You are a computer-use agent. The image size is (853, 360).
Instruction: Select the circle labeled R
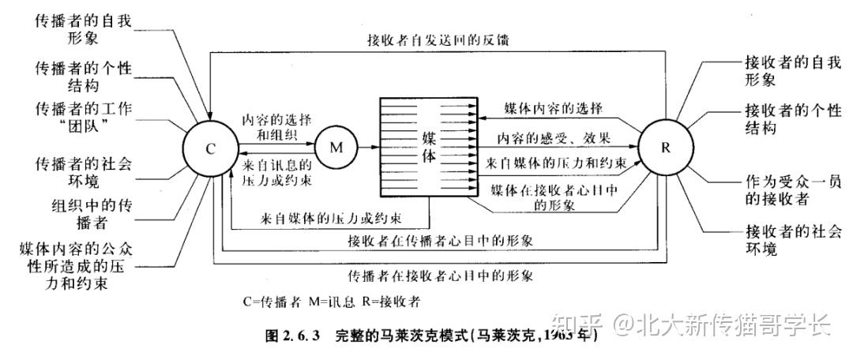(x=664, y=147)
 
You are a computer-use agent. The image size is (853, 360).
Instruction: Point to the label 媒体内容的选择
(x=554, y=108)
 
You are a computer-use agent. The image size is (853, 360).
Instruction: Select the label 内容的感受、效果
(x=554, y=138)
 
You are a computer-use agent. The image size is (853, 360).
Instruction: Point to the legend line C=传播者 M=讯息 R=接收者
(x=332, y=302)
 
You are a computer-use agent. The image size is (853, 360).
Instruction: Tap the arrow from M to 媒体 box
(x=369, y=147)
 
